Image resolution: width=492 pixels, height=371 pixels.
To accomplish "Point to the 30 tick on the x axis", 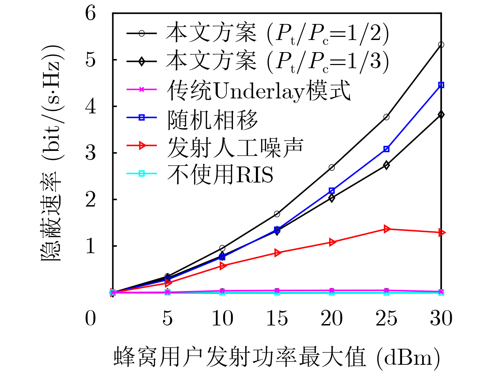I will (x=441, y=318).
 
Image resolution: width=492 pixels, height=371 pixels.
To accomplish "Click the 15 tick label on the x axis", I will (x=277, y=318).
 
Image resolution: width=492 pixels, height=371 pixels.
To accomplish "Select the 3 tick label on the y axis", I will (x=90, y=153).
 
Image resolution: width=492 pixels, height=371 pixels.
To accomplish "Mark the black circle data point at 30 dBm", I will (x=441, y=45).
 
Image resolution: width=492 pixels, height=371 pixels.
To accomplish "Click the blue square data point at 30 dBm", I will (x=441, y=85).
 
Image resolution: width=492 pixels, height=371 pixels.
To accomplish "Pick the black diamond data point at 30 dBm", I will (x=441, y=115).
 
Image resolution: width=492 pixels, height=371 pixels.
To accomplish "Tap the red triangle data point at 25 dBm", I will (x=387, y=229).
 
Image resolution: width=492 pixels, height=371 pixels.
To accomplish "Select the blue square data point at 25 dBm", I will (x=386, y=149).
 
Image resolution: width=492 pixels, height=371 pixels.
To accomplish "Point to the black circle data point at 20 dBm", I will (x=332, y=168).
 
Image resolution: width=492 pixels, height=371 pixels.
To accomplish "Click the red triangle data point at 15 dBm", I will (x=277, y=253).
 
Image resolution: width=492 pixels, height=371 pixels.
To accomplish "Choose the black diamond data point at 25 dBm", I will (x=386, y=165).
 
